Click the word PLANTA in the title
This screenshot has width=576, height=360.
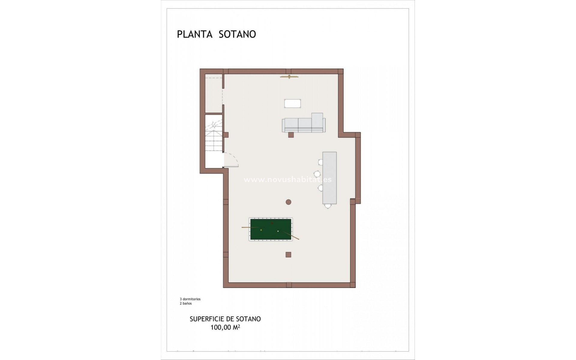coord(195,34)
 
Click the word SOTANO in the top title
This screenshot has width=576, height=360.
coord(237,34)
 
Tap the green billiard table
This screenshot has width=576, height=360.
coord(271,229)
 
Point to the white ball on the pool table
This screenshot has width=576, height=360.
coord(278,231)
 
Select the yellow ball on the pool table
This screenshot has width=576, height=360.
coord(261,230)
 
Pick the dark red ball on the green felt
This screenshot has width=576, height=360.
coord(272,223)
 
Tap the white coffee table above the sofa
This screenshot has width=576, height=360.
coord(292,103)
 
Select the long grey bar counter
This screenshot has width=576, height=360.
coord(329,178)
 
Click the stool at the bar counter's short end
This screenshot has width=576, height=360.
coord(328,206)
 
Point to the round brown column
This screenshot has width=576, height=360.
coord(288,202)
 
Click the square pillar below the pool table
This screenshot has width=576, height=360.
coord(288,255)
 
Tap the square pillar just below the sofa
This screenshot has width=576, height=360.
coord(291,135)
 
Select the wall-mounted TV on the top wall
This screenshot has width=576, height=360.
coord(289,77)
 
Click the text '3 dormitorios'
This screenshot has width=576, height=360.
coord(190,299)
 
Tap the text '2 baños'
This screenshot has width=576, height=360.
coord(186,303)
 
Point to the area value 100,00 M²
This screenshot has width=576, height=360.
coord(225,327)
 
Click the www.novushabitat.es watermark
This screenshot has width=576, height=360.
coord(287,180)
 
